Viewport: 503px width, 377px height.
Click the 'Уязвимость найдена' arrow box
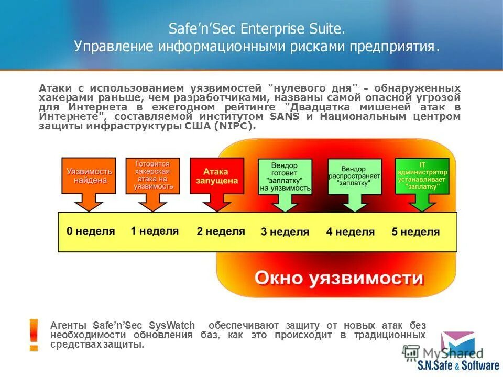click(x=89, y=175)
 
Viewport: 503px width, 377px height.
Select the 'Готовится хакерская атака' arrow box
click(x=152, y=175)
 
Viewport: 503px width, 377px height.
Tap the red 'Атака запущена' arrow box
click(x=216, y=175)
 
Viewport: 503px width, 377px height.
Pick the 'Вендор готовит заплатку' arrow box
click(x=285, y=177)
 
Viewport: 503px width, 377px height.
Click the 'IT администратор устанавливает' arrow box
click(x=422, y=176)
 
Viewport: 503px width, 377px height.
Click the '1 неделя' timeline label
click(x=155, y=230)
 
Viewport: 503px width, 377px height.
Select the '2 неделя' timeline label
click(x=221, y=231)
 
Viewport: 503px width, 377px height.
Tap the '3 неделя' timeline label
click(x=285, y=231)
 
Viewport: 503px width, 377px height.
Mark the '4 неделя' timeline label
click(x=351, y=231)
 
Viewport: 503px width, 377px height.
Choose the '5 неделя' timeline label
click(x=415, y=231)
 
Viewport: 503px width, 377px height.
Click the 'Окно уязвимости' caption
click(x=339, y=278)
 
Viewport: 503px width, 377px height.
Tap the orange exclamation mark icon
click(x=34, y=334)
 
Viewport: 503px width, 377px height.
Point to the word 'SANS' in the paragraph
click(x=284, y=116)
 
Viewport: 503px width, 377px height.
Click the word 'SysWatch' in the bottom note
click(x=171, y=325)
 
